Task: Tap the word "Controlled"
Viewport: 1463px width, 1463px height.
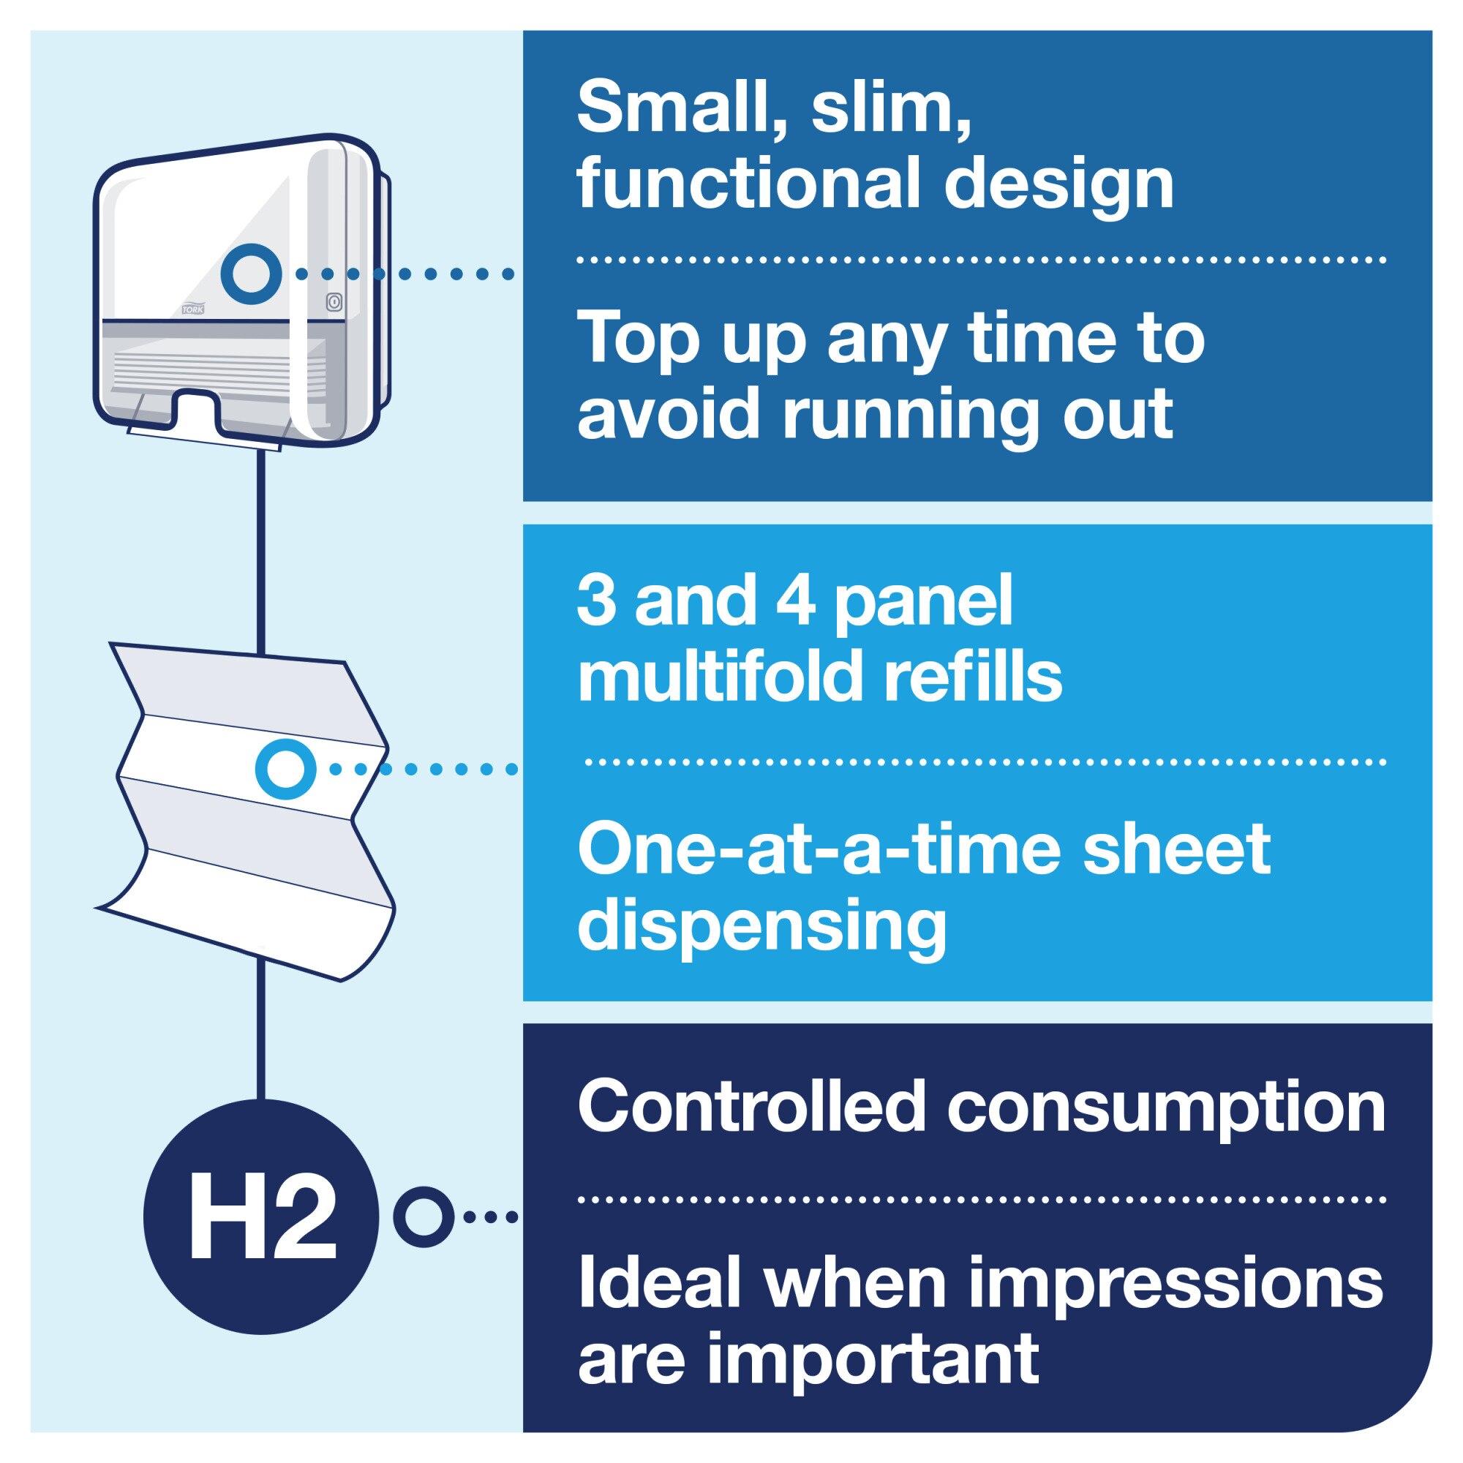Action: pos(754,1107)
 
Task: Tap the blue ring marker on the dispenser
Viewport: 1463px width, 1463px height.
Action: pos(252,274)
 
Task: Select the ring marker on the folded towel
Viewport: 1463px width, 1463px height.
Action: pos(285,770)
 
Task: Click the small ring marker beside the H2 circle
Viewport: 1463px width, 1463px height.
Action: pos(424,1217)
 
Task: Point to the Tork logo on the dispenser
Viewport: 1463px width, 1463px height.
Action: pos(193,309)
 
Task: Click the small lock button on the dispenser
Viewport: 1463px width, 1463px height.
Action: pos(335,301)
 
